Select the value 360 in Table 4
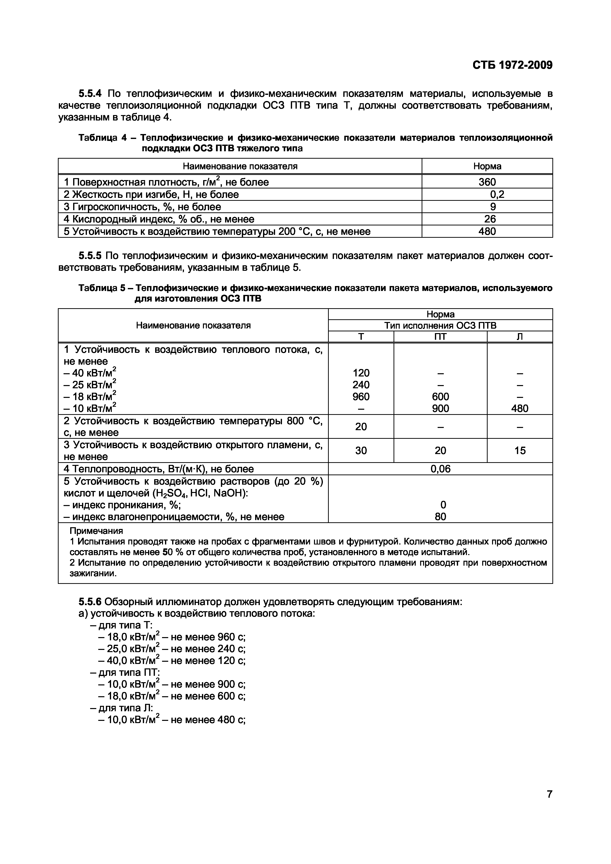[487, 182]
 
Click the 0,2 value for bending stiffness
[497, 195]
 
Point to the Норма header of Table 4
[487, 166]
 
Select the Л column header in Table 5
[520, 337]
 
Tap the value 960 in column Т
[361, 397]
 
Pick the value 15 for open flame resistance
[520, 450]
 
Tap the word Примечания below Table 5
[96, 531]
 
